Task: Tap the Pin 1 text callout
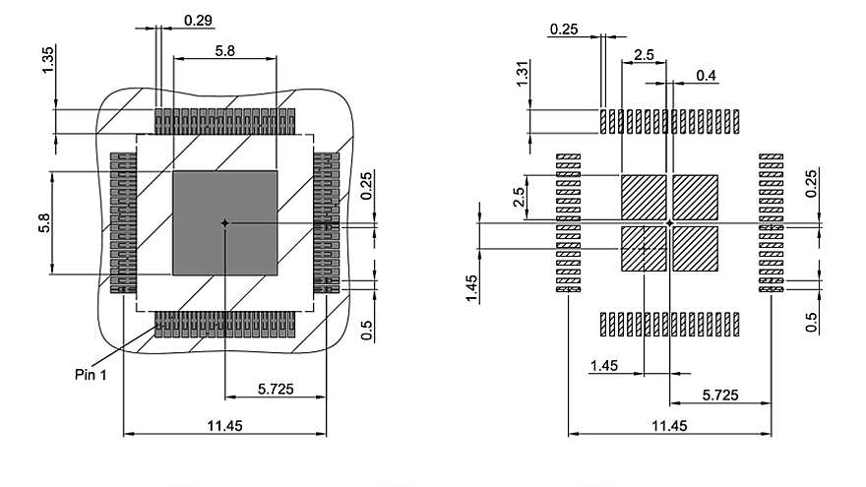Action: [x=91, y=374]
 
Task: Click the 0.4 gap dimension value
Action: [x=707, y=75]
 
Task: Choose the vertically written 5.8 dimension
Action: [x=44, y=224]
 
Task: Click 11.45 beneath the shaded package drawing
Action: [x=225, y=425]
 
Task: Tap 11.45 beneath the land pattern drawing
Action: [x=670, y=425]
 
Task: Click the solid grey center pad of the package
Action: [x=225, y=223]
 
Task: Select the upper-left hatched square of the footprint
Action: [x=644, y=197]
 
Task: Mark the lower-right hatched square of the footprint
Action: [x=696, y=249]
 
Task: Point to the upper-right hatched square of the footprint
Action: [x=696, y=197]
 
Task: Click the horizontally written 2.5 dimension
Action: [x=645, y=55]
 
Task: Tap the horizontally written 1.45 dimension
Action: [x=604, y=366]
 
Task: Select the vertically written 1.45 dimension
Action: [x=473, y=287]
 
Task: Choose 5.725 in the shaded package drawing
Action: [x=277, y=390]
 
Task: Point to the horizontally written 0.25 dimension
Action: [x=564, y=30]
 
